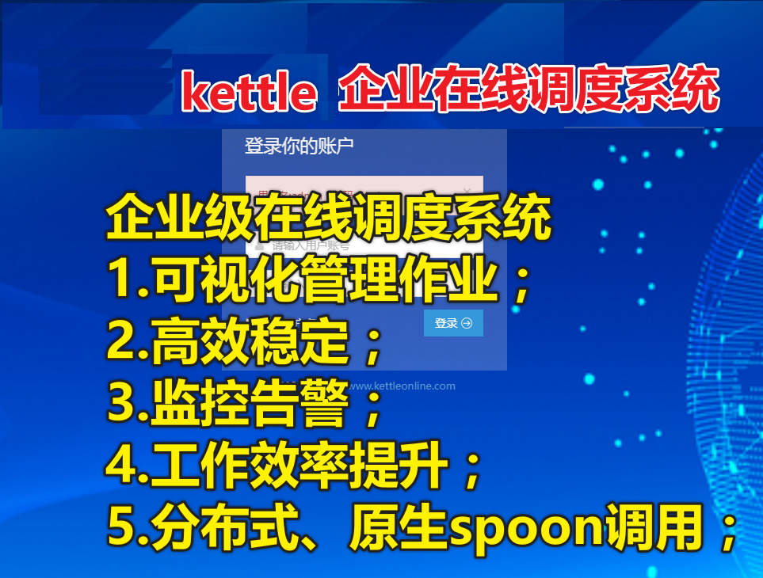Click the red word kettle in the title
[249, 93]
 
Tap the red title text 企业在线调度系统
[528, 91]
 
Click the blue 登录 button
[453, 323]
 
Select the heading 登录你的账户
[299, 146]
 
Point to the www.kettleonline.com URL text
[402, 386]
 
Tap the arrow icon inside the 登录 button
[467, 323]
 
